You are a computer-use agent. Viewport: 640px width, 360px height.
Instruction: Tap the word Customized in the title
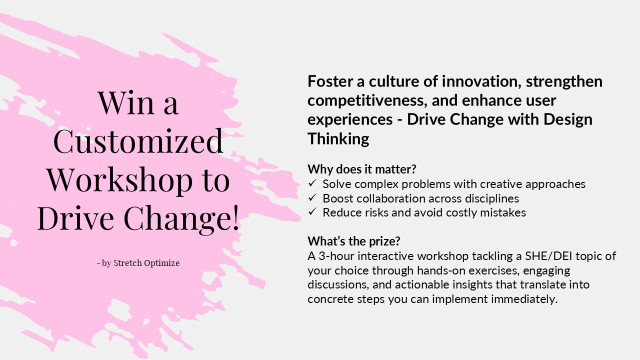click(x=138, y=141)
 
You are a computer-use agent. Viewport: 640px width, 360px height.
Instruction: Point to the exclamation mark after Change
click(x=235, y=218)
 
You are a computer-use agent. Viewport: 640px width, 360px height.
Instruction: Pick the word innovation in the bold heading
click(x=482, y=81)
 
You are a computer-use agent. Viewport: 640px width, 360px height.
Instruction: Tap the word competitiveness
click(x=367, y=100)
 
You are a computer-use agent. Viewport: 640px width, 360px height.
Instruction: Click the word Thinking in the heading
click(x=338, y=139)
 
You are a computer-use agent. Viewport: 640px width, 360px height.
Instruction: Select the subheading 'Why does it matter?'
click(x=361, y=169)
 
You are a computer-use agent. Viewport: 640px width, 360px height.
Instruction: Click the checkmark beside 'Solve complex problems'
click(x=312, y=183)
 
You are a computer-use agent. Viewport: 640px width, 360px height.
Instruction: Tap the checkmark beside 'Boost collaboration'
click(x=312, y=197)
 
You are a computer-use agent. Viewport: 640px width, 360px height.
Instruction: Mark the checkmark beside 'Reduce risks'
click(x=312, y=212)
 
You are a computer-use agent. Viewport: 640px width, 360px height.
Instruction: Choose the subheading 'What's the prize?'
click(x=353, y=241)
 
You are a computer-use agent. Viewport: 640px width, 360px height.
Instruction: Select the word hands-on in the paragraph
click(x=441, y=270)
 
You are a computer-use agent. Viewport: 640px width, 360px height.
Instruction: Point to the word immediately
click(x=524, y=299)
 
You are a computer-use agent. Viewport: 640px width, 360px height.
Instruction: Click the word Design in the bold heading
click(x=567, y=120)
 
